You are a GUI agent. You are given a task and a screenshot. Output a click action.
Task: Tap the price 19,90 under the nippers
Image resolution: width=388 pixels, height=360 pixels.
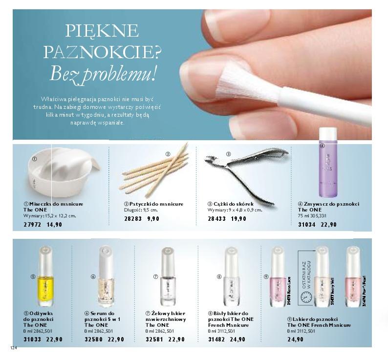point(239,219)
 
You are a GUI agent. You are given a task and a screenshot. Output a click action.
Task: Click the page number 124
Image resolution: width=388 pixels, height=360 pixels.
point(12,348)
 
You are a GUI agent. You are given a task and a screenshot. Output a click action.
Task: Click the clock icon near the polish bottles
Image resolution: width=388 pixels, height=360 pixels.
point(305,297)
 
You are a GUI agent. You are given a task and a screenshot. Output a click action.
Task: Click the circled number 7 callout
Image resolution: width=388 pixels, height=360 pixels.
point(155,276)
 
